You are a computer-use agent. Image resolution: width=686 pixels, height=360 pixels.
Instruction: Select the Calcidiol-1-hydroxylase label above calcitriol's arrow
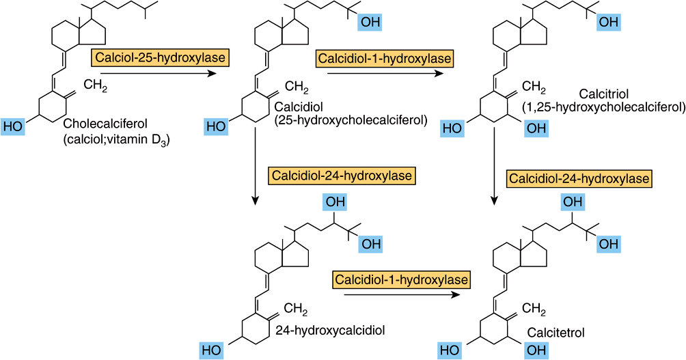(x=384, y=59)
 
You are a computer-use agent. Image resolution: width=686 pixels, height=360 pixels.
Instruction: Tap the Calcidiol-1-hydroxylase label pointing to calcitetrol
(x=401, y=279)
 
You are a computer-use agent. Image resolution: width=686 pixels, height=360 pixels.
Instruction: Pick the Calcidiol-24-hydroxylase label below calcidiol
(x=342, y=176)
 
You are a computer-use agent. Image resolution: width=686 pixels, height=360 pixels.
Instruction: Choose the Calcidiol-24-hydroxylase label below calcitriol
(x=578, y=178)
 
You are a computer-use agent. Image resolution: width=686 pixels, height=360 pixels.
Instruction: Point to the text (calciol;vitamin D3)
(x=115, y=141)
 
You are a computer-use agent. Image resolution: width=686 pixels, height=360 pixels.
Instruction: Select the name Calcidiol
(x=296, y=107)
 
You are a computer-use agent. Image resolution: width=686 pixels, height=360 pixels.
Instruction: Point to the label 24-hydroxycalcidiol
(x=330, y=330)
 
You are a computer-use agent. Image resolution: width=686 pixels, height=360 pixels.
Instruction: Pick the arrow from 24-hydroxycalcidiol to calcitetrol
(x=400, y=294)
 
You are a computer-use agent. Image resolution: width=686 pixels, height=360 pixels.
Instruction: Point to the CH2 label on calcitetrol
(x=534, y=309)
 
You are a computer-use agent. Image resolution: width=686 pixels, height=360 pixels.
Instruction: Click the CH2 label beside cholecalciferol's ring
(x=96, y=87)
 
